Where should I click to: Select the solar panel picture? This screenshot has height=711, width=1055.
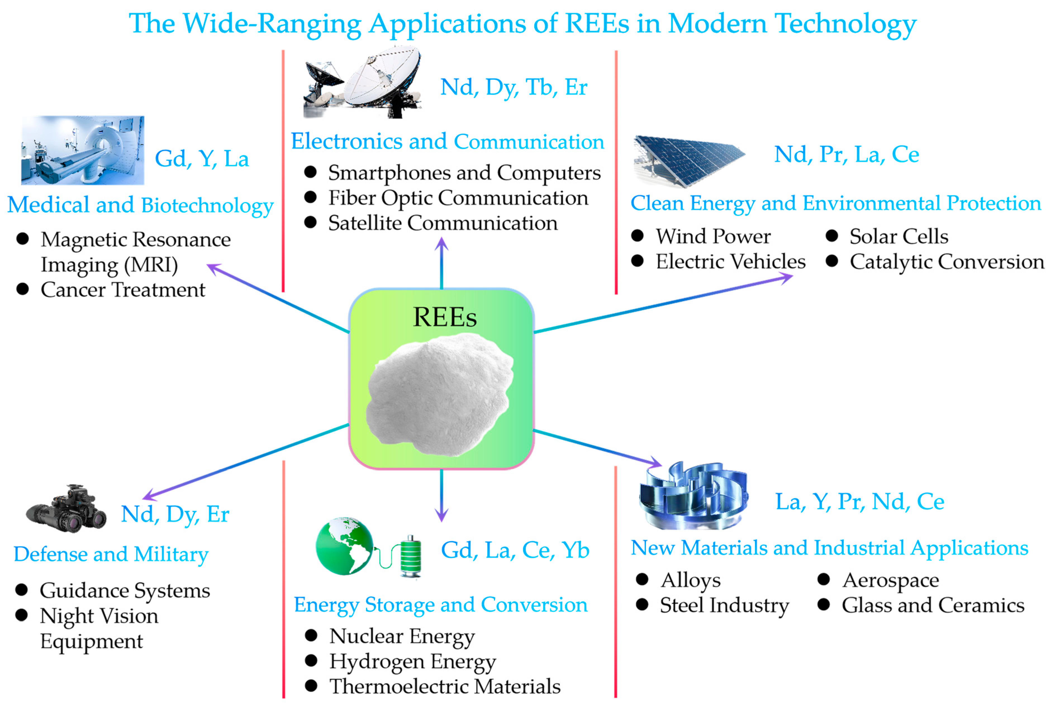[688, 161]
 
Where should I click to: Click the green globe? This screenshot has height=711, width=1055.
[344, 546]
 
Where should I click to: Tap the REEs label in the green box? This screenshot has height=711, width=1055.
[444, 317]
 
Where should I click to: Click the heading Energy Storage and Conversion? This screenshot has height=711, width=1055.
[440, 605]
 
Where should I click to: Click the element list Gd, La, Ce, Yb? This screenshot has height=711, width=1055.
[515, 550]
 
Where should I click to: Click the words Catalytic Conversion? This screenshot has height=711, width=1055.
[947, 262]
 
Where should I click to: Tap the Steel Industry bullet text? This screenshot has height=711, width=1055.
[724, 606]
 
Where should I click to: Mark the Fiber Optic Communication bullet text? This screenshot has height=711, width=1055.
[458, 198]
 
